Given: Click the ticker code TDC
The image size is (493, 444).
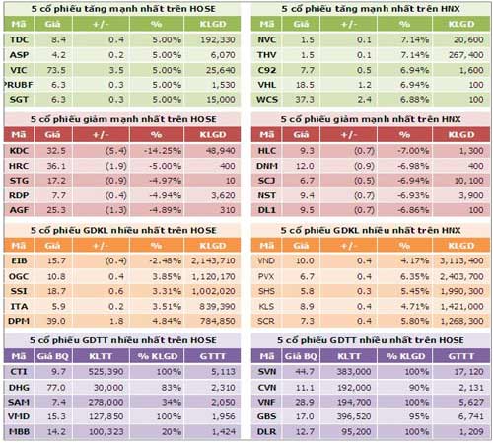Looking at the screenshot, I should [x=19, y=38].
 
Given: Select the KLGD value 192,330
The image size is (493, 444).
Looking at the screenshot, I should [x=214, y=38].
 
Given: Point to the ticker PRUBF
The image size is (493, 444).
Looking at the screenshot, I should [x=19, y=86].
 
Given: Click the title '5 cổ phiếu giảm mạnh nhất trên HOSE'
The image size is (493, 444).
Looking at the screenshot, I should [x=123, y=117].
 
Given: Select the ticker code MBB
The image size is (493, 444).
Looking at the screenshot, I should [x=19, y=431].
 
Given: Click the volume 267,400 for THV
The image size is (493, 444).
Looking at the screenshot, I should [x=459, y=55].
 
